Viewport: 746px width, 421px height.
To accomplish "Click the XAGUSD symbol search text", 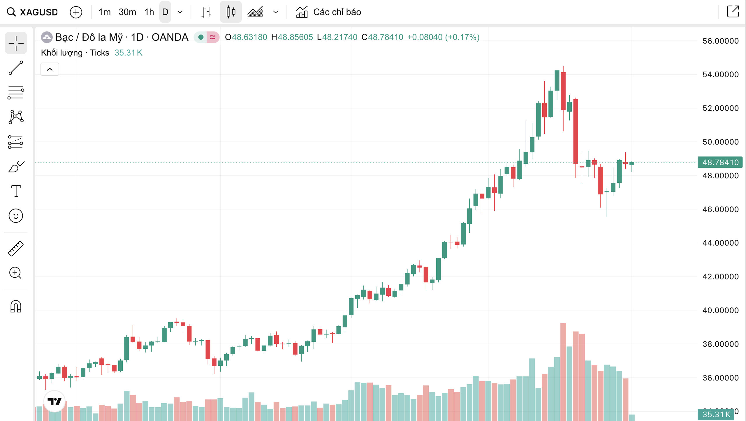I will pyautogui.click(x=38, y=12).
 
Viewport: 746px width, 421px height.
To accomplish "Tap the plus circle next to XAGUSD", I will pyautogui.click(x=76, y=12).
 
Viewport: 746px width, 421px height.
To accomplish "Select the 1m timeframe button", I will pyautogui.click(x=104, y=12).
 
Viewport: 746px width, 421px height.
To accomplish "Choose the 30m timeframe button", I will pyautogui.click(x=127, y=12).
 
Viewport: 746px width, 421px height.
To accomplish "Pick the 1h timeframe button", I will pyautogui.click(x=149, y=12).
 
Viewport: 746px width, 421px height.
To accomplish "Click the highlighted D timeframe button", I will pyautogui.click(x=165, y=12).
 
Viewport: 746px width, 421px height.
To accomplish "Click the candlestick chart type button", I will pyautogui.click(x=231, y=12).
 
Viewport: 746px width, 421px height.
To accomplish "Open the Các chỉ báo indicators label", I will pyautogui.click(x=337, y=12).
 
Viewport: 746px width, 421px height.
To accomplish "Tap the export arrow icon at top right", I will pyautogui.click(x=733, y=12).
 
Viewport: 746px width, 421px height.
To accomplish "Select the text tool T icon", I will pyautogui.click(x=16, y=191).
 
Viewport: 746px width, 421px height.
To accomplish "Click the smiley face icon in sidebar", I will pyautogui.click(x=16, y=216).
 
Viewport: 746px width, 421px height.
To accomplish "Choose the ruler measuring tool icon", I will pyautogui.click(x=16, y=249).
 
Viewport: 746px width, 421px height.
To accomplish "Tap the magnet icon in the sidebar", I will pyautogui.click(x=16, y=306).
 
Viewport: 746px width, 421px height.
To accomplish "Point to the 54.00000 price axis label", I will pyautogui.click(x=720, y=74).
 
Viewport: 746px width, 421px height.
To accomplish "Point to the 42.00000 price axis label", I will pyautogui.click(x=720, y=276).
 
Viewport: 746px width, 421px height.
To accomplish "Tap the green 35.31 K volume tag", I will pyautogui.click(x=716, y=414).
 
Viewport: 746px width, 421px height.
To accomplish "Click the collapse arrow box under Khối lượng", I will pyautogui.click(x=50, y=69).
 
